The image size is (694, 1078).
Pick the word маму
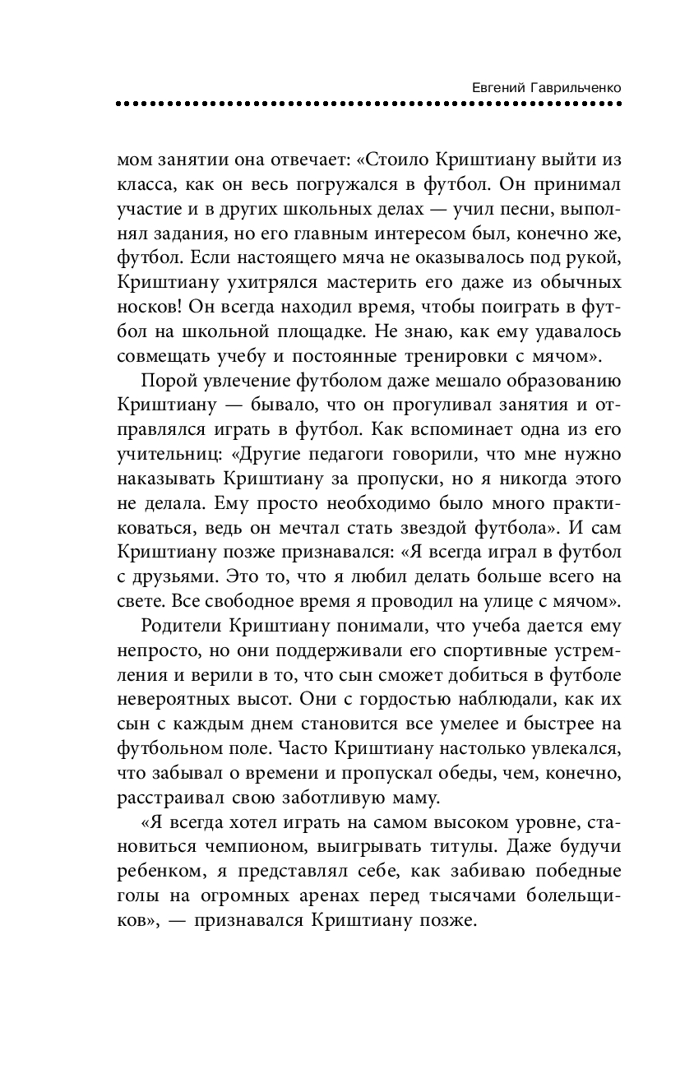(418, 796)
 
